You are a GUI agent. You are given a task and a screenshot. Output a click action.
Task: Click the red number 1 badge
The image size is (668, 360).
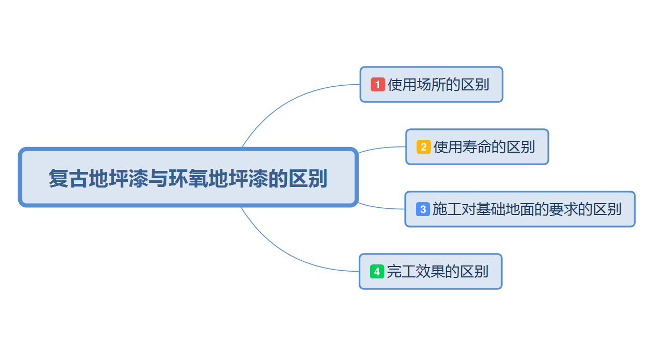click(x=377, y=84)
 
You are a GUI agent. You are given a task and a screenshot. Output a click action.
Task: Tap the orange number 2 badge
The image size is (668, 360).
click(x=423, y=147)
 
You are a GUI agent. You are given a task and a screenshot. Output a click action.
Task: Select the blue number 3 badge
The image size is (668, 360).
click(x=423, y=209)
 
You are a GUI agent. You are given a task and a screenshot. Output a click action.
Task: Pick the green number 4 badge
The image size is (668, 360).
click(x=377, y=271)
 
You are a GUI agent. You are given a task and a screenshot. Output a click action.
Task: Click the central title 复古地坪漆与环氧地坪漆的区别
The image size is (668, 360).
click(x=188, y=178)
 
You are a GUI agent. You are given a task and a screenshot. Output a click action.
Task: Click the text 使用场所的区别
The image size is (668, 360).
click(x=438, y=84)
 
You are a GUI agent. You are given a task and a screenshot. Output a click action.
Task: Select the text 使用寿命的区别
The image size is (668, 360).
click(x=484, y=147)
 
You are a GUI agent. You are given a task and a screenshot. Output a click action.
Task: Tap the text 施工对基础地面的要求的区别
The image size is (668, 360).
click(x=527, y=209)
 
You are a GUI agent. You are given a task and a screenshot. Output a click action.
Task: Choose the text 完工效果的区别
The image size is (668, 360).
click(x=437, y=271)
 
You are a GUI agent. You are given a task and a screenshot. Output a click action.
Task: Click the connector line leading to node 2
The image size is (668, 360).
click(x=382, y=148)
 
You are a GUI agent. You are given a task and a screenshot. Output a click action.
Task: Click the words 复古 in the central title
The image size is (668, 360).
click(x=68, y=178)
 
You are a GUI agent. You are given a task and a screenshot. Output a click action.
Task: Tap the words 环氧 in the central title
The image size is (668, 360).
click(x=188, y=178)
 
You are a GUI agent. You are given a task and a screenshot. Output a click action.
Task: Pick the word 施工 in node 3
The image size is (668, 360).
click(x=447, y=209)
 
